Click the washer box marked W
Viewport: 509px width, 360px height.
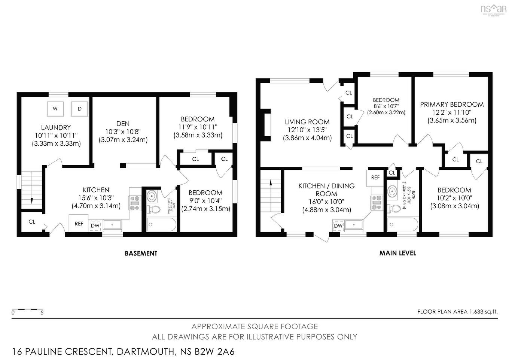(55, 109)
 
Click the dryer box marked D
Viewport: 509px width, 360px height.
(79, 109)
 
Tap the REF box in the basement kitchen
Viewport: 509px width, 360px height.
(79, 223)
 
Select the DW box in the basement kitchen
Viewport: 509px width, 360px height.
(95, 226)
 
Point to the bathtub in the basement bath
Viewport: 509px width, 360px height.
(161, 225)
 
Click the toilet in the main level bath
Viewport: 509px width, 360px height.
(393, 208)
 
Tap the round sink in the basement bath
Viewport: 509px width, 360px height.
(153, 196)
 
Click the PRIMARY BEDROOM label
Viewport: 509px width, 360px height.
(452, 105)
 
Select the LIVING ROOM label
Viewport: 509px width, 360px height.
(307, 122)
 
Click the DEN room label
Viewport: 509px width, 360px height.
(123, 124)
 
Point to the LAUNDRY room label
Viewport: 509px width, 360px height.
(56, 128)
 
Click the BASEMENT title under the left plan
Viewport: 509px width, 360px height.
(141, 253)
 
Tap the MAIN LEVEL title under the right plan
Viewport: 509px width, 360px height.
(397, 253)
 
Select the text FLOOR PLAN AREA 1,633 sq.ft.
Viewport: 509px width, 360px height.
(457, 311)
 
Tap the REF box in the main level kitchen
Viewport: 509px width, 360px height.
(375, 178)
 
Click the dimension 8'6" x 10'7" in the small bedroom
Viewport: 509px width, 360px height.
(386, 106)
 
